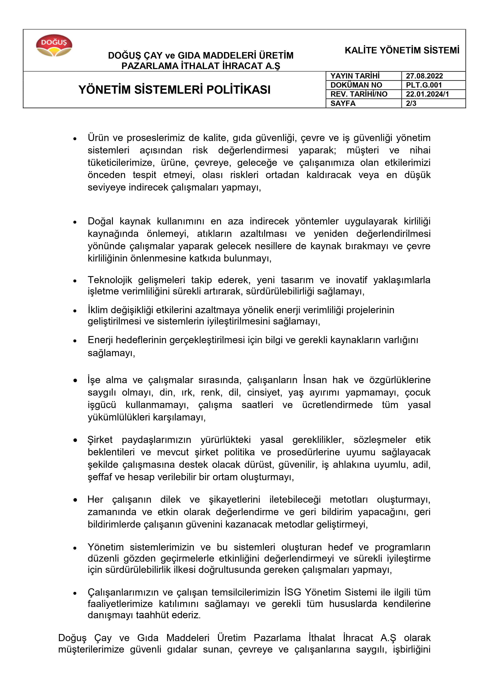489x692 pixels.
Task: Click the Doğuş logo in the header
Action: (x=54, y=46)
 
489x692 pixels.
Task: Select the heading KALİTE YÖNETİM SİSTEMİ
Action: (x=402, y=50)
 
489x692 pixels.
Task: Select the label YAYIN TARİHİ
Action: (x=355, y=76)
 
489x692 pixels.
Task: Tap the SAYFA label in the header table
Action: (x=343, y=103)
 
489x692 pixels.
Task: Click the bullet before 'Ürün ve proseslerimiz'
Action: (x=75, y=139)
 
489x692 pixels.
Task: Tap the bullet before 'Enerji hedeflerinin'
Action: (x=75, y=341)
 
